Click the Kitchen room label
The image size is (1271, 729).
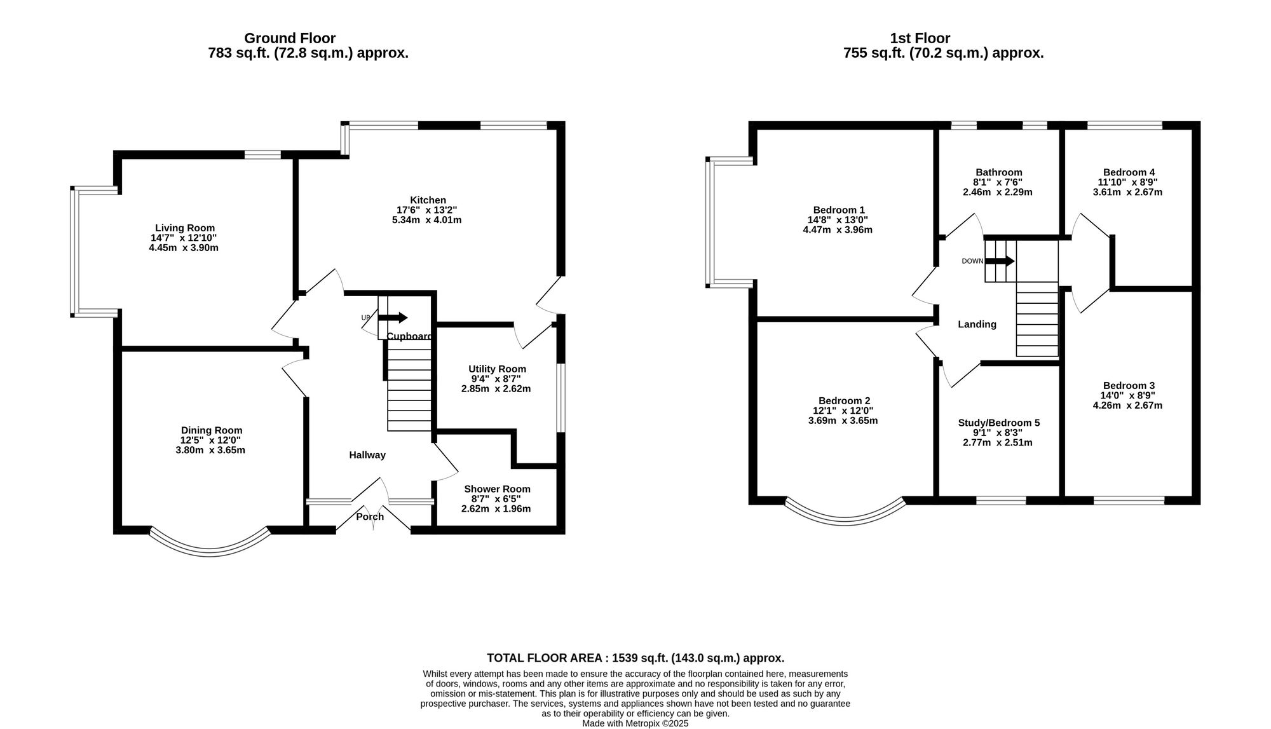[x=427, y=200]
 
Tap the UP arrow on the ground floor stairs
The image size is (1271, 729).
[x=393, y=318]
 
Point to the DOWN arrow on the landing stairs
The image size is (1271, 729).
[x=1000, y=261]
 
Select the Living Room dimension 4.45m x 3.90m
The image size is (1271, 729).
[x=184, y=248]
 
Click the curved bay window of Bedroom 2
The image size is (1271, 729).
[x=845, y=518]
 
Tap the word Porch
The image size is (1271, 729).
[x=370, y=517]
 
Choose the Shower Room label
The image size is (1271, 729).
[x=496, y=489]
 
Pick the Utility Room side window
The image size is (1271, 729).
[x=561, y=398]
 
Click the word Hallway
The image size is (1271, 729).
[x=367, y=455]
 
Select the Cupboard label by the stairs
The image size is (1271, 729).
[x=409, y=336]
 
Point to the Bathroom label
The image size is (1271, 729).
[x=998, y=172]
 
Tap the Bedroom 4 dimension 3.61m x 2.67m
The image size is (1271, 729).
[x=1127, y=192]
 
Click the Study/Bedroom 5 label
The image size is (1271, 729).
[x=998, y=423]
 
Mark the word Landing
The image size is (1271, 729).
[x=977, y=324]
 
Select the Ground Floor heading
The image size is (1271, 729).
[x=290, y=38]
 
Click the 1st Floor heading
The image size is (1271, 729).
[x=920, y=38]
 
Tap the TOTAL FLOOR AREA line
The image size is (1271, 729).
[x=635, y=658]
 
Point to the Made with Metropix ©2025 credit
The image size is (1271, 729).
[x=635, y=723]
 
